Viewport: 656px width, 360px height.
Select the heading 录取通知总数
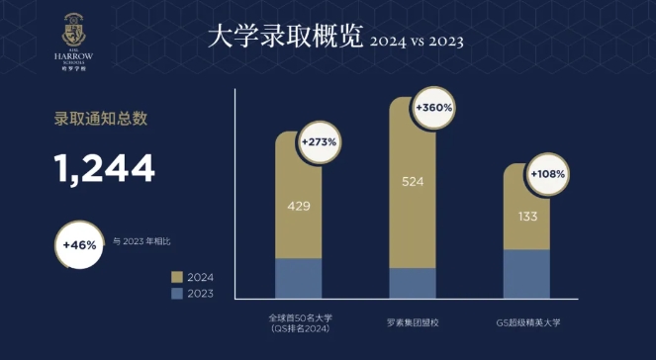[100, 120]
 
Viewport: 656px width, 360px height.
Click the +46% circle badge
[79, 243]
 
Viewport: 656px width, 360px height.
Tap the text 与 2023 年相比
[147, 240]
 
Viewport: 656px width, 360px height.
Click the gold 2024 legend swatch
[178, 278]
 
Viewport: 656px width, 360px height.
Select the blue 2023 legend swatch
[178, 294]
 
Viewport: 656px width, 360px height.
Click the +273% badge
[320, 141]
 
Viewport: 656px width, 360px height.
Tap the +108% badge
[547, 174]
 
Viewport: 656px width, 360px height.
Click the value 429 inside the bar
[298, 207]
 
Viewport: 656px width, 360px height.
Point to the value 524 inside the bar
[413, 182]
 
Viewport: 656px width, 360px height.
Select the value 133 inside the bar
[526, 215]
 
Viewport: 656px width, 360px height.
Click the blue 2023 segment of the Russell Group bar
[413, 283]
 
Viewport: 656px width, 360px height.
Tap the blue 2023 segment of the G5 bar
[526, 274]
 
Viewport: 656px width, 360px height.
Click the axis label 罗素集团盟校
[413, 322]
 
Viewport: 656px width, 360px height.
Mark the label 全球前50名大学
[298, 318]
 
